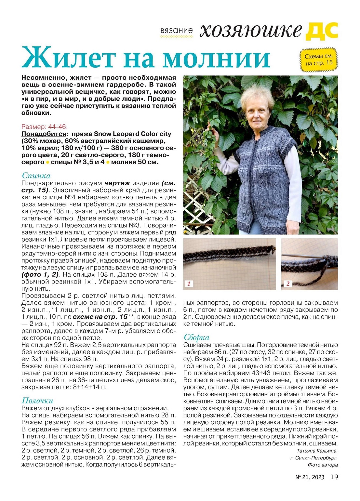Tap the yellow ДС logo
tap(322, 31)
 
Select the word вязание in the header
tap(176, 31)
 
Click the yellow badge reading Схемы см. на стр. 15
tap(318, 59)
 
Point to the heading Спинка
tap(36, 176)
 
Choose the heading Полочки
tap(37, 401)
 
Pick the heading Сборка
tap(196, 337)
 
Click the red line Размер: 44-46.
tap(45, 127)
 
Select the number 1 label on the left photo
tap(189, 284)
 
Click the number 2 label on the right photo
tap(288, 284)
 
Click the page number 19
tap(334, 477)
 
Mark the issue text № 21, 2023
tap(310, 477)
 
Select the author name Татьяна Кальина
tap(317, 451)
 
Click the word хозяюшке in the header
tap(250, 31)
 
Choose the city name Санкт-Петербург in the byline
tap(318, 458)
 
